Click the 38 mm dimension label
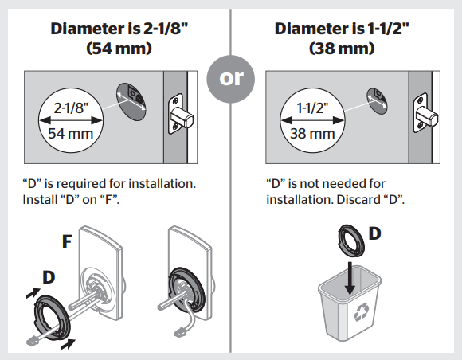(311, 132)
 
